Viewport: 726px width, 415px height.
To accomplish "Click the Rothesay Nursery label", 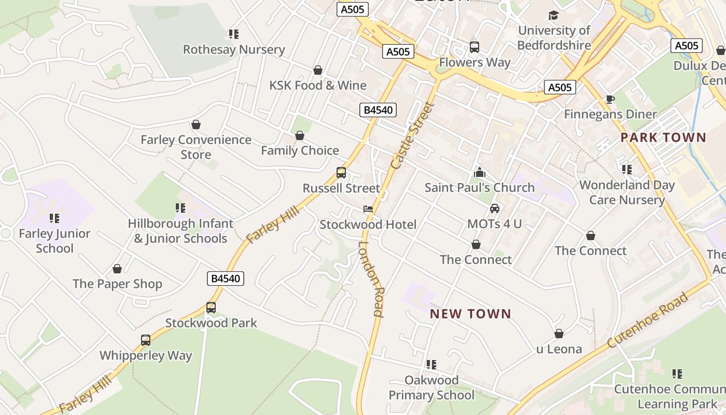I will pyautogui.click(x=234, y=50).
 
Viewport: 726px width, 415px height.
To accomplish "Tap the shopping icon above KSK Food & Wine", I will pyautogui.click(x=318, y=70).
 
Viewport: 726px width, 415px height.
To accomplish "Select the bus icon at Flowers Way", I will pyautogui.click(x=474, y=47).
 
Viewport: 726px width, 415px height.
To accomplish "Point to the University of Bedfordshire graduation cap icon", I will pyautogui.click(x=554, y=16).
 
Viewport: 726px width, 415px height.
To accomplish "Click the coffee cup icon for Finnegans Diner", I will pyautogui.click(x=610, y=99).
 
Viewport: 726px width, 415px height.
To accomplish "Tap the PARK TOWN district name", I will pyautogui.click(x=663, y=137).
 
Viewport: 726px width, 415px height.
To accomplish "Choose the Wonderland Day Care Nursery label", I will pyautogui.click(x=627, y=192).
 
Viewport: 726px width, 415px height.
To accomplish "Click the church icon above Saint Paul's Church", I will pyautogui.click(x=480, y=172).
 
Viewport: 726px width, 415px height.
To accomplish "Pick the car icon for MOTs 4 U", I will pyautogui.click(x=495, y=209).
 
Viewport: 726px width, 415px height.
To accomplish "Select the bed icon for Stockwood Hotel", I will pyautogui.click(x=368, y=209).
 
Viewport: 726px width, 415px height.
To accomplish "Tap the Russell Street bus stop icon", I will pyautogui.click(x=341, y=173).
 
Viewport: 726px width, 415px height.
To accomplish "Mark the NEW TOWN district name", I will pyautogui.click(x=470, y=314).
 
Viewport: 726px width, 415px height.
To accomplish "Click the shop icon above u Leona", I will pyautogui.click(x=559, y=334).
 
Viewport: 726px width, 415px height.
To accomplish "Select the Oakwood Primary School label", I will pyautogui.click(x=431, y=388).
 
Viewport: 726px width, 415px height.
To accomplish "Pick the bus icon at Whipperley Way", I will pyautogui.click(x=146, y=340).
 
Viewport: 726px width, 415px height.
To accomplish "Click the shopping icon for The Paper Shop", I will pyautogui.click(x=117, y=269).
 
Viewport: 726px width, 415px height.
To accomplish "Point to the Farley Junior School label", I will pyautogui.click(x=54, y=241).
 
